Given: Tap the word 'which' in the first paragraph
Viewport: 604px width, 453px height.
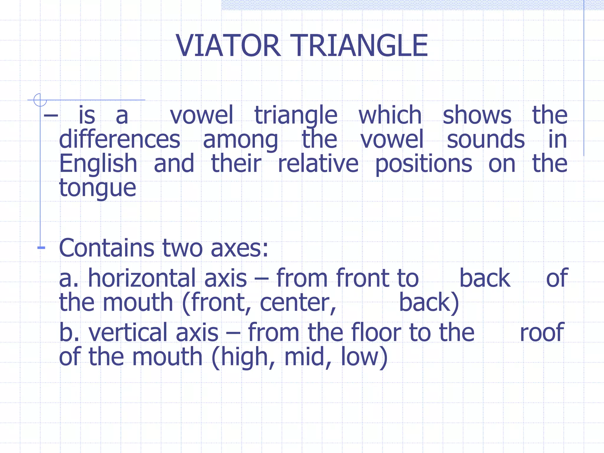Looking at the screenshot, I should (x=390, y=115).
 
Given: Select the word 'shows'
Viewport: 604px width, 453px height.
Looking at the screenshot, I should (x=477, y=115).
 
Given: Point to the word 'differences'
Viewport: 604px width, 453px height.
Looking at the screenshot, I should (x=119, y=139).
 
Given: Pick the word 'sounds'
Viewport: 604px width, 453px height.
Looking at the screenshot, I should (x=485, y=139).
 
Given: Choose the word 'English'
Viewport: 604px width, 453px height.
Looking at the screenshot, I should (x=98, y=164).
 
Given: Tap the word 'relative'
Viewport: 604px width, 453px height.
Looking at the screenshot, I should (x=318, y=163).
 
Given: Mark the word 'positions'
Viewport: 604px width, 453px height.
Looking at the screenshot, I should (x=424, y=164).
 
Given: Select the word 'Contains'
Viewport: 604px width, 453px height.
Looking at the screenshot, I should (x=106, y=248).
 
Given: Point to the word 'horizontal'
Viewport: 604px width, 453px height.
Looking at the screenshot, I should (x=168, y=278).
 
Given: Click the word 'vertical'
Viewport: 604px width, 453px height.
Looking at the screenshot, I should (x=153, y=332).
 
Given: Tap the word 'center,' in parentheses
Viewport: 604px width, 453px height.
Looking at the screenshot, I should (x=298, y=303).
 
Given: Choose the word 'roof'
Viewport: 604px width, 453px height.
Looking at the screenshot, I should (x=542, y=332).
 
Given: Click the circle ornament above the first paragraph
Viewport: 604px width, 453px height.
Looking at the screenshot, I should (x=40, y=100).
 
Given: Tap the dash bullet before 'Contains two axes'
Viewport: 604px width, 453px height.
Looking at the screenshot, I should (x=41, y=248).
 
